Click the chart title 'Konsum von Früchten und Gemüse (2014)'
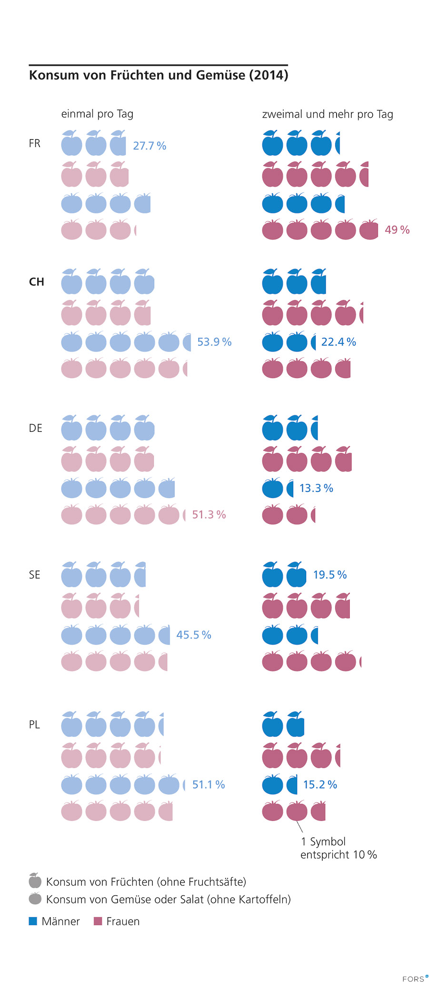pyautogui.click(x=159, y=75)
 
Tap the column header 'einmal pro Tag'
pyautogui.click(x=97, y=114)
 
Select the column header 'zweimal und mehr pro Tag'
pyautogui.click(x=328, y=114)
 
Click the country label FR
pyautogui.click(x=35, y=143)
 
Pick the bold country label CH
pyautogui.click(x=37, y=282)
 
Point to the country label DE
pyautogui.click(x=36, y=428)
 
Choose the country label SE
pyautogui.click(x=35, y=575)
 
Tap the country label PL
pyautogui.click(x=34, y=725)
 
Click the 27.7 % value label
pyautogui.click(x=149, y=146)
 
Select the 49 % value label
pyautogui.click(x=397, y=230)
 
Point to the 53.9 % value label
pyautogui.click(x=214, y=342)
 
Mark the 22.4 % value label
pyautogui.click(x=338, y=342)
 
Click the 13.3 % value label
pyautogui.click(x=316, y=488)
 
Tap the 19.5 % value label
pyautogui.click(x=329, y=575)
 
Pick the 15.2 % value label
pyautogui.click(x=320, y=785)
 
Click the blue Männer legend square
pyautogui.click(x=33, y=921)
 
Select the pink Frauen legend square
pyautogui.click(x=98, y=921)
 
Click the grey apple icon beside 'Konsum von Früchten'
pyautogui.click(x=35, y=881)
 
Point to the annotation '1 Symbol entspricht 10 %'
pyautogui.click(x=338, y=848)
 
